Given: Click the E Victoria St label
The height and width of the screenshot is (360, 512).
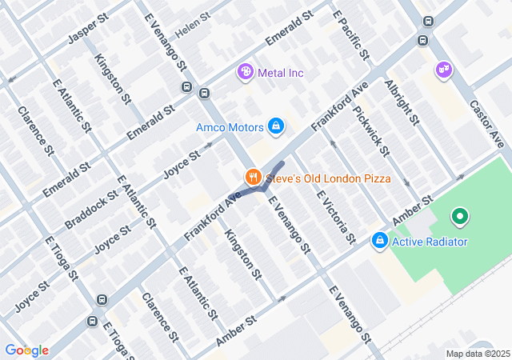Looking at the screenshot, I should pyautogui.click(x=335, y=216).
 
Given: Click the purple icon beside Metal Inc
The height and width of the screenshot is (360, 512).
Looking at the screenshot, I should pyautogui.click(x=246, y=73).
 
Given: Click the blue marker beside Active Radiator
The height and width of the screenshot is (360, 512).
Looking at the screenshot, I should pyautogui.click(x=379, y=240).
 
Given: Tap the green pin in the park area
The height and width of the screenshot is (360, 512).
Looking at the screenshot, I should pyautogui.click(x=459, y=216).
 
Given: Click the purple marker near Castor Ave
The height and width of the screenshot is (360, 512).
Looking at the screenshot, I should pyautogui.click(x=442, y=71).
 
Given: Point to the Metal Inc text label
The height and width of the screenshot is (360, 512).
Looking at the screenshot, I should pyautogui.click(x=281, y=73).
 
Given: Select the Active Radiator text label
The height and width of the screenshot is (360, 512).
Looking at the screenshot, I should pyautogui.click(x=430, y=241).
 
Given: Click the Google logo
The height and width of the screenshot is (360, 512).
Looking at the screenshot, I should pyautogui.click(x=26, y=350).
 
